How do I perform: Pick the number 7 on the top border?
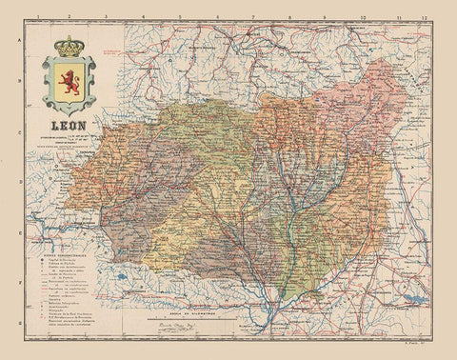(254, 16)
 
